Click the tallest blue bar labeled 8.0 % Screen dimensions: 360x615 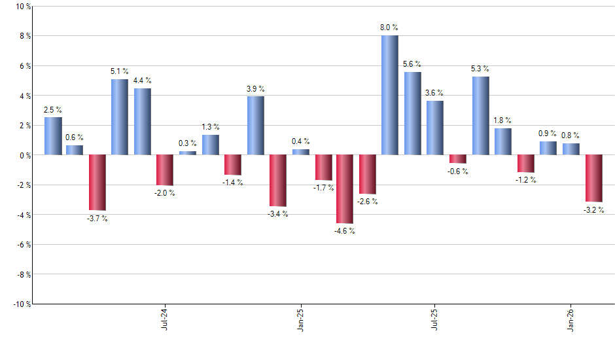pyautogui.click(x=389, y=95)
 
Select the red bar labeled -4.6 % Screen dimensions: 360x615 pyautogui.click(x=345, y=189)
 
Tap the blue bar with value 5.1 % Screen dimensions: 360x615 pyautogui.click(x=119, y=117)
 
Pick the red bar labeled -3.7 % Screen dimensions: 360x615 pyautogui.click(x=97, y=182)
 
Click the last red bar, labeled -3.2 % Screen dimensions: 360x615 pyautogui.click(x=593, y=178)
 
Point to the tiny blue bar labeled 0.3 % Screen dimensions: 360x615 pyautogui.click(x=187, y=153)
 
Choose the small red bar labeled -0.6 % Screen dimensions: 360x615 pyautogui.click(x=457, y=159)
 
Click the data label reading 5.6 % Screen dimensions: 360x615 pyautogui.click(x=412, y=64)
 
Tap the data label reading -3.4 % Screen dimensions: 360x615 pyautogui.click(x=278, y=213)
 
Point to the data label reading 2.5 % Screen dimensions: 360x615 pyautogui.click(x=53, y=109)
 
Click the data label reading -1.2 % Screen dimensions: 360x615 pyautogui.click(x=526, y=180)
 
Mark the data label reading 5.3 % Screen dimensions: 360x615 pyautogui.click(x=480, y=69)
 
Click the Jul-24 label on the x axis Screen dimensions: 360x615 pyautogui.click(x=164, y=318)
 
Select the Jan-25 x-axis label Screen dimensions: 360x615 pyautogui.click(x=300, y=318)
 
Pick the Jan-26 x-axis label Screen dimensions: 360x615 pyautogui.click(x=571, y=318)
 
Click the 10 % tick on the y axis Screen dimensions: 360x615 pyautogui.click(x=22, y=7)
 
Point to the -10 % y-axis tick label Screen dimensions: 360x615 pyautogui.click(x=20, y=304)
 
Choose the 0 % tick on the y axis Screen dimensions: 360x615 pyautogui.click(x=24, y=155)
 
